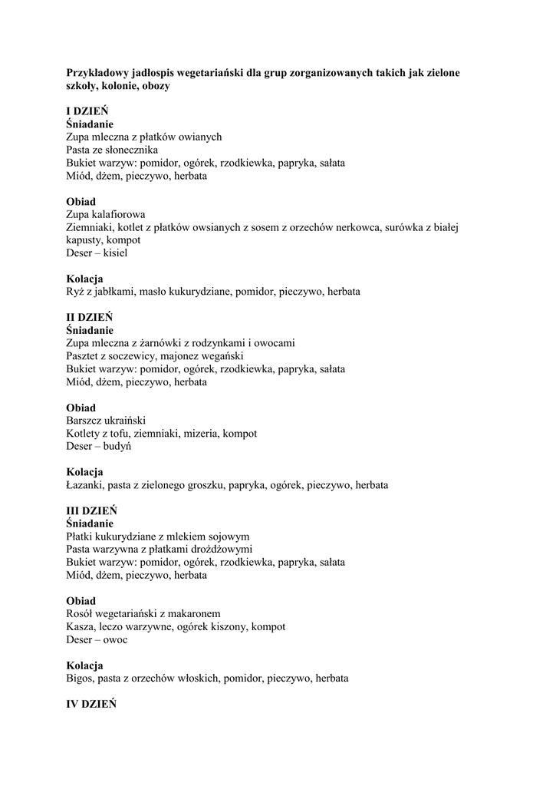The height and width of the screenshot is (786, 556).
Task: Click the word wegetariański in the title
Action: (219, 72)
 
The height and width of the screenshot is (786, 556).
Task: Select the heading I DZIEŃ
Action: (87, 111)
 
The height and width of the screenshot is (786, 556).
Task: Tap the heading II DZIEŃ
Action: (89, 317)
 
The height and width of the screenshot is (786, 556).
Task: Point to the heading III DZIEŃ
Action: (91, 510)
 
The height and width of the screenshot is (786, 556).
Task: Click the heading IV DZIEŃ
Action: (91, 704)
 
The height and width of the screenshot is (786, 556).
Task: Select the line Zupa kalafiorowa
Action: (106, 214)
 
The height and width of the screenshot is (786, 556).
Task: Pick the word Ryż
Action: (75, 292)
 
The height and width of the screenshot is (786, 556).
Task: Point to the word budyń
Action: (117, 446)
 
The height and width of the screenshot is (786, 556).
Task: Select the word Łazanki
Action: (85, 485)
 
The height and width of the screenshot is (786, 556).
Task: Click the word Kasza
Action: (81, 627)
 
